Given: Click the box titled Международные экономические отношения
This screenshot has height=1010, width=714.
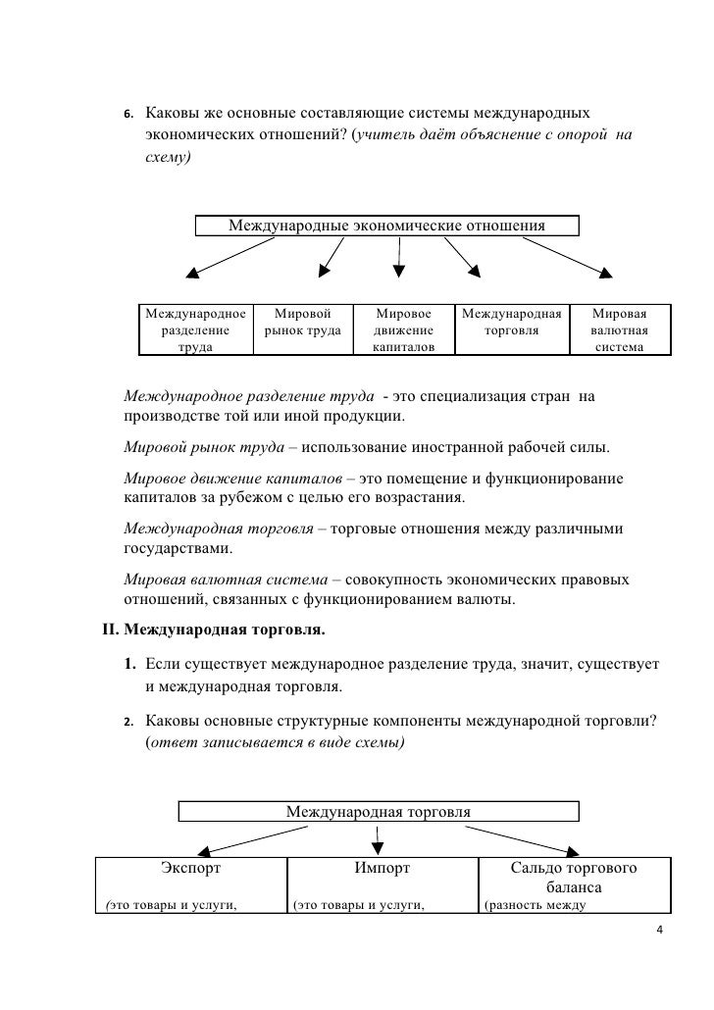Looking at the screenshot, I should (x=387, y=227).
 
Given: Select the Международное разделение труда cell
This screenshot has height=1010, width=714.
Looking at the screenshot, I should (x=194, y=330).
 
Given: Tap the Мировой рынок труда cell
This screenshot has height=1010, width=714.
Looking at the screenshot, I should (x=303, y=330).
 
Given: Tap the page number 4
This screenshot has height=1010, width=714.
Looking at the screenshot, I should (x=659, y=930).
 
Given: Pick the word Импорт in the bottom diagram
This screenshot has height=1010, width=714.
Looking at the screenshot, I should (x=382, y=868).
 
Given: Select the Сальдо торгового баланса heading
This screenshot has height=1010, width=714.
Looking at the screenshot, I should (x=574, y=878).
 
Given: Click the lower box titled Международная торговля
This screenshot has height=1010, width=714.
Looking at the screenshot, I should (x=378, y=812).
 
